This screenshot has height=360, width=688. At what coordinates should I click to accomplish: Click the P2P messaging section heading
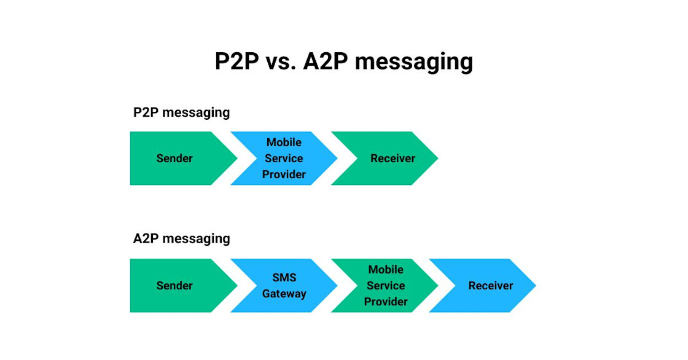point(181,112)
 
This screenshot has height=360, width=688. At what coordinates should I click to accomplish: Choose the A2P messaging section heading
point(181,238)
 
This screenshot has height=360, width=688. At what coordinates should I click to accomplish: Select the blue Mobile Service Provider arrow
point(284,158)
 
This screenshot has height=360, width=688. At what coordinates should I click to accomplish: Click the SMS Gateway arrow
point(284,286)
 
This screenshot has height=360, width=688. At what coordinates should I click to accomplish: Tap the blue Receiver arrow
point(485,286)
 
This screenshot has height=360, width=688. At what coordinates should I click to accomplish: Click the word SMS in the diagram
point(284,278)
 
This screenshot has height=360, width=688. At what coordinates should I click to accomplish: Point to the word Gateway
point(284,294)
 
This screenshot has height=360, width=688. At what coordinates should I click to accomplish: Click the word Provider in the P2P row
point(284,174)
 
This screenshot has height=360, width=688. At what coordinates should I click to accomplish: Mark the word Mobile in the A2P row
point(386,269)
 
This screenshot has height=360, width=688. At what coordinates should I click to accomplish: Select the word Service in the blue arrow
point(284,158)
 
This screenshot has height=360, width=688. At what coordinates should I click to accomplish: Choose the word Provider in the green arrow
point(386,302)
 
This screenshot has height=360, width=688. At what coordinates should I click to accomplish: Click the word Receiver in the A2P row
point(490,286)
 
